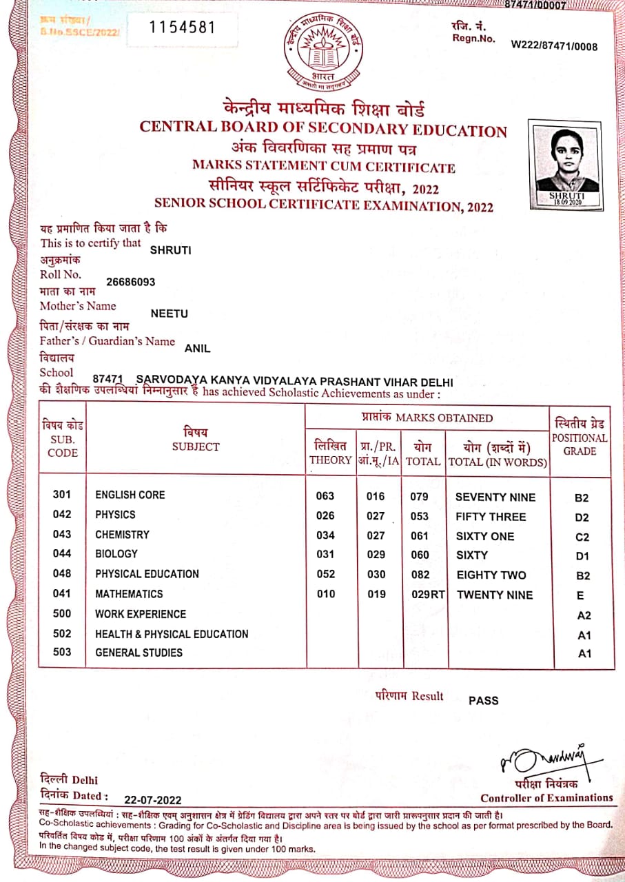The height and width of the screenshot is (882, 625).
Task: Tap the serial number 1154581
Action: click(183, 28)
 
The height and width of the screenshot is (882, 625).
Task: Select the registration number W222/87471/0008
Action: click(554, 46)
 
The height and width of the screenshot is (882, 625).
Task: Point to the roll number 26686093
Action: click(131, 282)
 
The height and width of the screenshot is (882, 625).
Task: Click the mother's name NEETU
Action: click(169, 314)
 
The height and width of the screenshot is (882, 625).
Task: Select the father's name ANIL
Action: click(198, 349)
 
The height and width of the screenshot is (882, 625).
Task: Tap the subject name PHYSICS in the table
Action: click(116, 515)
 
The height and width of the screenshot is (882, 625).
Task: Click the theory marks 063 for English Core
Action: click(325, 496)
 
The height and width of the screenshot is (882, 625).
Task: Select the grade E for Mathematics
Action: click(581, 595)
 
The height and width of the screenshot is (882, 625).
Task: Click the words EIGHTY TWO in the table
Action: click(491, 575)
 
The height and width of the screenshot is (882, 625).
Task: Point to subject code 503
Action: click(62, 652)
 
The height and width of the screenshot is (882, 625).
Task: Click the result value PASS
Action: click(483, 701)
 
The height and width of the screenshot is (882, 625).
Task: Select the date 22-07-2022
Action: click(153, 800)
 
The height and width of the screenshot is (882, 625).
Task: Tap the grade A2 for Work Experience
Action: click(584, 615)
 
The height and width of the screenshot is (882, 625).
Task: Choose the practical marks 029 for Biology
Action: click(376, 555)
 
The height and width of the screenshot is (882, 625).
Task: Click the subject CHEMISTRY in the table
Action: click(122, 535)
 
